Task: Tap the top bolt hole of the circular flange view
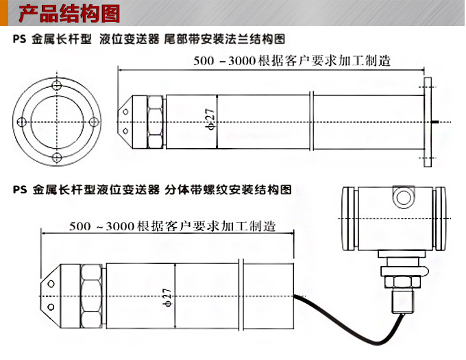click(58, 84)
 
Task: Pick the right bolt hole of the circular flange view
click(95, 122)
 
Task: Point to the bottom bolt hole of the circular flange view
click(58, 159)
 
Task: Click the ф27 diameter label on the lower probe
click(169, 296)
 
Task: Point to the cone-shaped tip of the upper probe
click(127, 122)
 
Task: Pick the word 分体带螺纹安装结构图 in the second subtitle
click(229, 190)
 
